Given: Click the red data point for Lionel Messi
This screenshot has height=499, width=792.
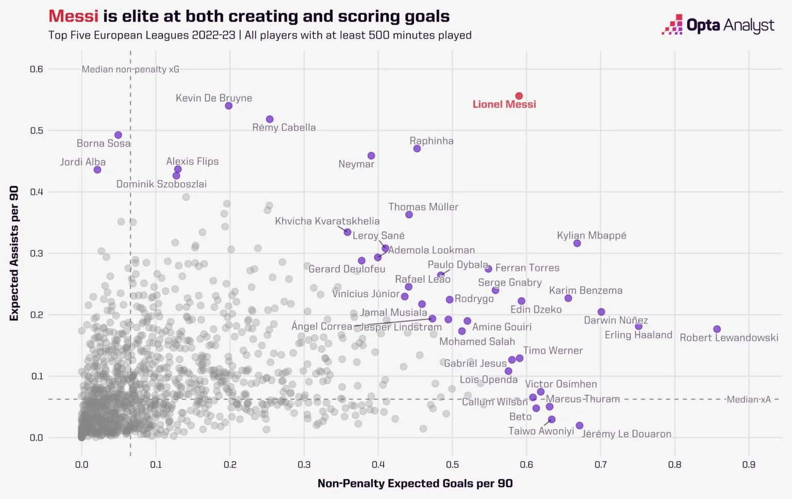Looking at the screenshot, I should (x=519, y=96).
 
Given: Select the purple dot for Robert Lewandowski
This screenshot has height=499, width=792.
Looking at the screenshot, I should (x=717, y=329).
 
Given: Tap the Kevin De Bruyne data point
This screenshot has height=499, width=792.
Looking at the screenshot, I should (x=228, y=106).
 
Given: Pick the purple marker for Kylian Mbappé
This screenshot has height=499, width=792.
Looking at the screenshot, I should (x=577, y=244).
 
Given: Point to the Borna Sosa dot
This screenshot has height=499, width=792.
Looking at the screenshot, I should (x=118, y=135).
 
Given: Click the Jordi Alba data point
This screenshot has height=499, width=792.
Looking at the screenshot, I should (x=97, y=170).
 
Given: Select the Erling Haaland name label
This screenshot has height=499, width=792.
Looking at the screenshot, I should (x=638, y=335).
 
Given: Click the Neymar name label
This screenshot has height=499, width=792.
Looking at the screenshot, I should (x=356, y=164).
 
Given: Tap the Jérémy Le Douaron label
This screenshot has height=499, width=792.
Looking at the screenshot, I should (x=626, y=434).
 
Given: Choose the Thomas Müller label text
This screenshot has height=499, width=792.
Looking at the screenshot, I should (x=423, y=207).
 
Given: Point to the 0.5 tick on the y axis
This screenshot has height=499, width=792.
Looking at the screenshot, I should (x=37, y=131).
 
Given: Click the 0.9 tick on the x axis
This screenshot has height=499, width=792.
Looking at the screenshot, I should (x=749, y=464).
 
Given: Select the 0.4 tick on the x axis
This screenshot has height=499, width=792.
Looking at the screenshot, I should (x=378, y=464).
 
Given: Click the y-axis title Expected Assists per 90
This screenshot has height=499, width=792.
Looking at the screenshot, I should (x=14, y=253).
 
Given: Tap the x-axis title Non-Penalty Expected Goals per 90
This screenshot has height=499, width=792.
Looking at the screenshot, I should (x=415, y=484).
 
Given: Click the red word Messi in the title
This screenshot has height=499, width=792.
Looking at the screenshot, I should (x=73, y=17).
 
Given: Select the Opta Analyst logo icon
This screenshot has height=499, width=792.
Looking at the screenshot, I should (x=672, y=25).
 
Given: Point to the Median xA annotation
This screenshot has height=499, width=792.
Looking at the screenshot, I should (x=748, y=399).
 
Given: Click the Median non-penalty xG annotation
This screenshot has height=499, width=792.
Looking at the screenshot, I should (x=130, y=69).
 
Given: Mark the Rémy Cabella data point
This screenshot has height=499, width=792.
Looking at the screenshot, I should (x=270, y=120).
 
